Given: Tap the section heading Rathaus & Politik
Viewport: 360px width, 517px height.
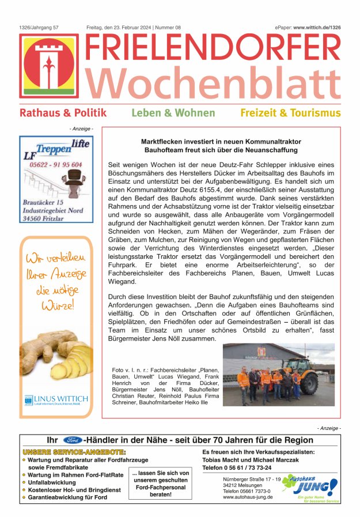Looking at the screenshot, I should click(63, 113).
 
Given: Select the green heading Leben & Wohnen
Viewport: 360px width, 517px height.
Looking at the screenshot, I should click(173, 113).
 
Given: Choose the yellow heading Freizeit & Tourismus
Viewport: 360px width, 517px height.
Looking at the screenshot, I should click(290, 113).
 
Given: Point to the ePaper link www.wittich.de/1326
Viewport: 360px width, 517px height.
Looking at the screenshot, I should click(317, 27).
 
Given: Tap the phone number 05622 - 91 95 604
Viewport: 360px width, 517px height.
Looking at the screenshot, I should click(56, 165).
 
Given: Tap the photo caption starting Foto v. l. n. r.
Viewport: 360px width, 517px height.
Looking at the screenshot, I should click(165, 386).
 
